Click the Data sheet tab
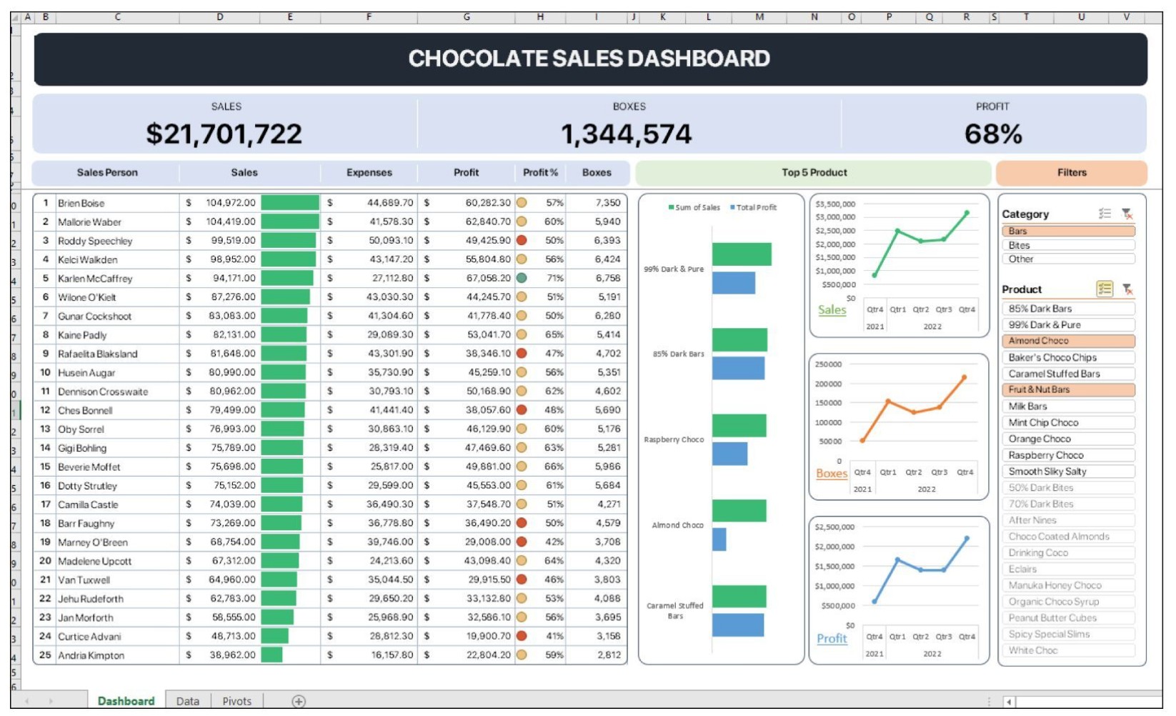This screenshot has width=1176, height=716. point(187,701)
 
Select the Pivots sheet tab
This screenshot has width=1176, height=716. point(236,701)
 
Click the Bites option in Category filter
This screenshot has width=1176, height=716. point(1068,245)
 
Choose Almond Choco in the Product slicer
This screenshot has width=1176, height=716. point(1068,341)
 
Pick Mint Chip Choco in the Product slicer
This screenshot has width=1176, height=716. point(1068,422)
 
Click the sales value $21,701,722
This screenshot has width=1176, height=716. point(224,134)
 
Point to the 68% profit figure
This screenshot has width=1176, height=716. point(993,134)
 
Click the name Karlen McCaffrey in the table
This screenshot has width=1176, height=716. point(95,279)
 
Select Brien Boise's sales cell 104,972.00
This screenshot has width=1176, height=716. point(231,203)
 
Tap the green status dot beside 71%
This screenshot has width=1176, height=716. point(522,278)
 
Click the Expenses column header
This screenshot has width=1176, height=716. point(369,172)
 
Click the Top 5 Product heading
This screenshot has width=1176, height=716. point(814,172)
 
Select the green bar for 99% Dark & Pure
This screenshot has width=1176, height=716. point(742,254)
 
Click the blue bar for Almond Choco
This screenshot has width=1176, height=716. point(719,539)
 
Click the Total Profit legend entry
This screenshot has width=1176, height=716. point(753,207)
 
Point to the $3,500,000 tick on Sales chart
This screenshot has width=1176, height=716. point(835,204)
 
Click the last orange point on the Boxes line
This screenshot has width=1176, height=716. point(965,377)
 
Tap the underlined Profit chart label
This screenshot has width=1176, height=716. point(832,639)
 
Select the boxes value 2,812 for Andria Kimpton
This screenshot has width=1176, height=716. point(609,655)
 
